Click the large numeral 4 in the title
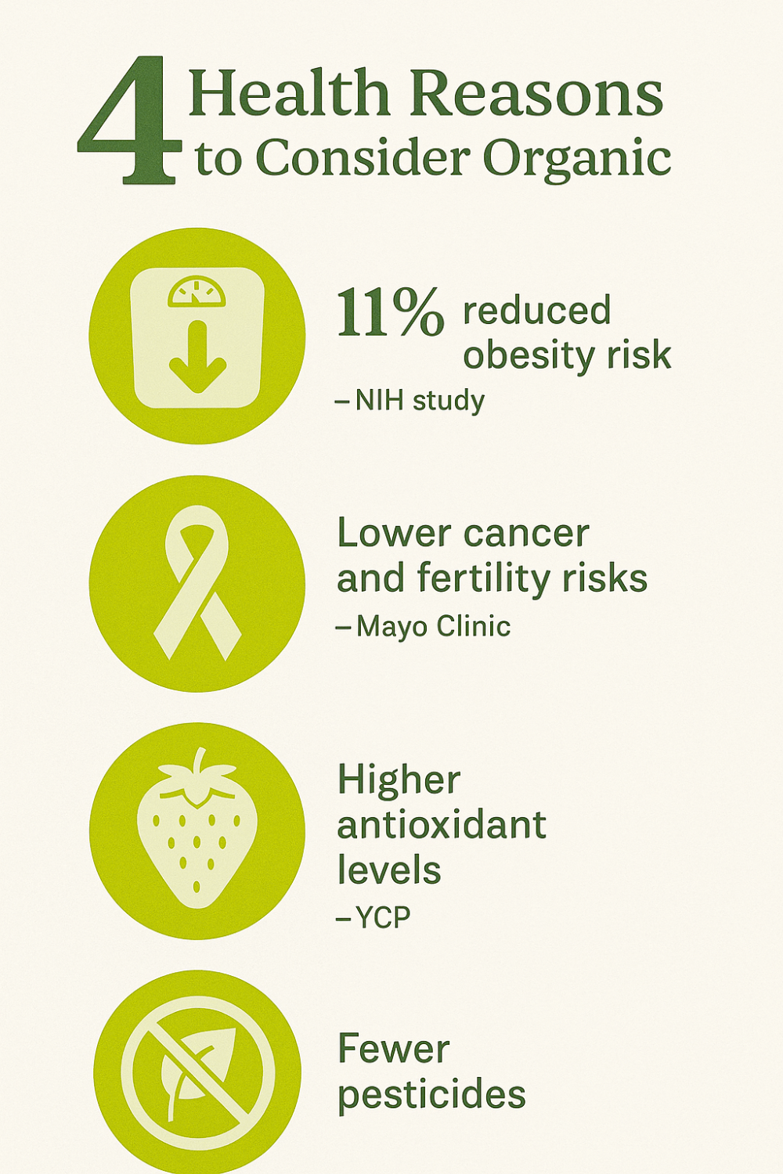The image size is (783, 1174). [x=129, y=121]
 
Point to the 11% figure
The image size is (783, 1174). [x=390, y=313]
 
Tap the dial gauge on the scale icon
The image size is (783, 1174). [x=197, y=291]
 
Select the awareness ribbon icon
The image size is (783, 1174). [x=197, y=582]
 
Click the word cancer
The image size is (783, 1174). [x=525, y=534]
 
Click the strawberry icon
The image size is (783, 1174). [x=197, y=828]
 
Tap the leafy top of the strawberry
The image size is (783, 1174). [x=197, y=776]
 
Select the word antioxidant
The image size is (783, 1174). [x=442, y=824]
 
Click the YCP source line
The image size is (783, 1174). [x=373, y=917]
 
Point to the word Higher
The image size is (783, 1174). [x=399, y=781]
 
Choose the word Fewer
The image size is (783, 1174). [x=394, y=1049]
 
